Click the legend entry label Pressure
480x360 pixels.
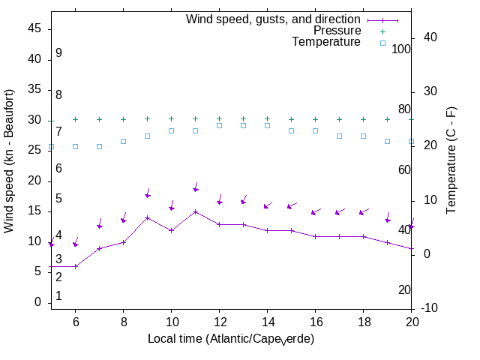click(337, 31)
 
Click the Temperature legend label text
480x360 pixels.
click(326, 43)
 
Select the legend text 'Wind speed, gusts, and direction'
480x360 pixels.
click(274, 19)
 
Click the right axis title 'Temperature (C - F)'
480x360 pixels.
click(451, 160)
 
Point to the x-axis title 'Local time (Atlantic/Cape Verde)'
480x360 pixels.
click(230, 339)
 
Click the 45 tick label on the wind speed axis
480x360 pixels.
click(34, 28)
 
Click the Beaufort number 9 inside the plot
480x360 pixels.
click(58, 53)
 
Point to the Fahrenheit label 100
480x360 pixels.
click(401, 49)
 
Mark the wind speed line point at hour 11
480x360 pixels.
click(195, 211)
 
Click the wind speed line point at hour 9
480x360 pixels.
click(147, 217)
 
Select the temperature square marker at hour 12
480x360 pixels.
click(219, 125)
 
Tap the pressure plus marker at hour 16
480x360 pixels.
click(315, 119)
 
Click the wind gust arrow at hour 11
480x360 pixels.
click(196, 187)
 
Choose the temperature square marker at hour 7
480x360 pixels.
click(99, 146)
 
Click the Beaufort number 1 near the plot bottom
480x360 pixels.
click(58, 296)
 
